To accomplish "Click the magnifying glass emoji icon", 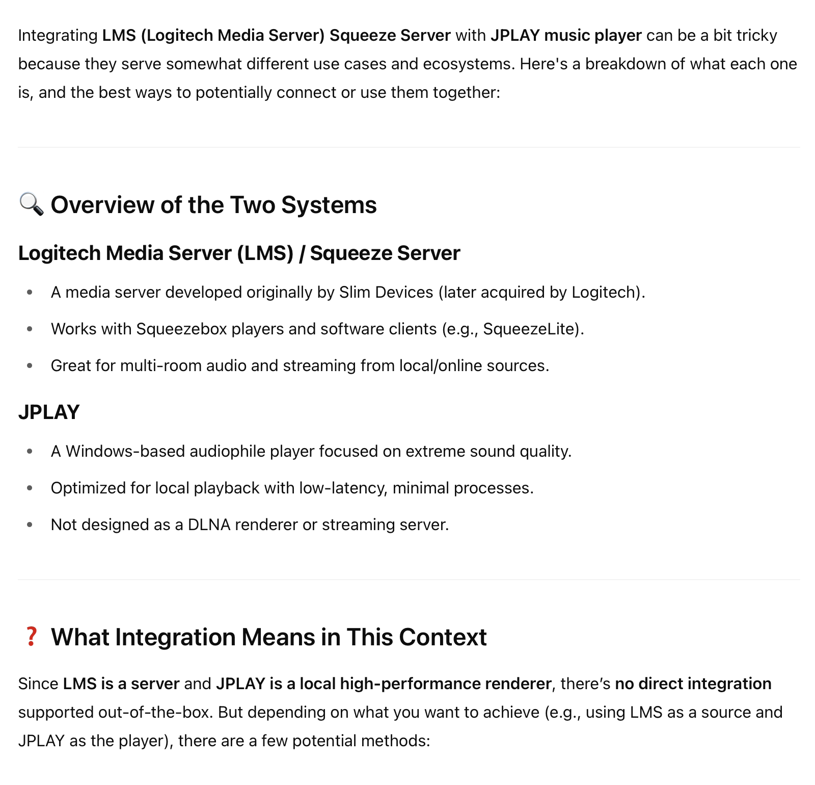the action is coord(31,204).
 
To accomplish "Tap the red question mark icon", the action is coord(32,637).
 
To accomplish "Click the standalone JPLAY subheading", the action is coord(49,412).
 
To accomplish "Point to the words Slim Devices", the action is coord(386,292).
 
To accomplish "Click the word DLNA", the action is coord(209,525).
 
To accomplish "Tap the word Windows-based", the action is coord(125,451).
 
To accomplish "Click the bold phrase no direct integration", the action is coord(693,684).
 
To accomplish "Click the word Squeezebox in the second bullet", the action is coord(182,329).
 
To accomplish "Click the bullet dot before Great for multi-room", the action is coord(30,365).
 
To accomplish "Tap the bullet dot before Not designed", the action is coord(30,525).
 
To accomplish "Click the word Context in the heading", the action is coord(443,637).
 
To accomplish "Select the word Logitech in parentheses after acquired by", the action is coord(606,293).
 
